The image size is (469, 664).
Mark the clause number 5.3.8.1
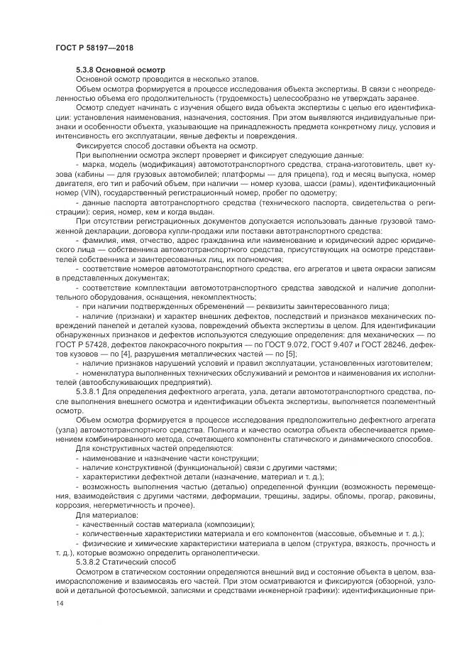(90, 391)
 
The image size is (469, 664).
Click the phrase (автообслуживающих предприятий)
(128, 381)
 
